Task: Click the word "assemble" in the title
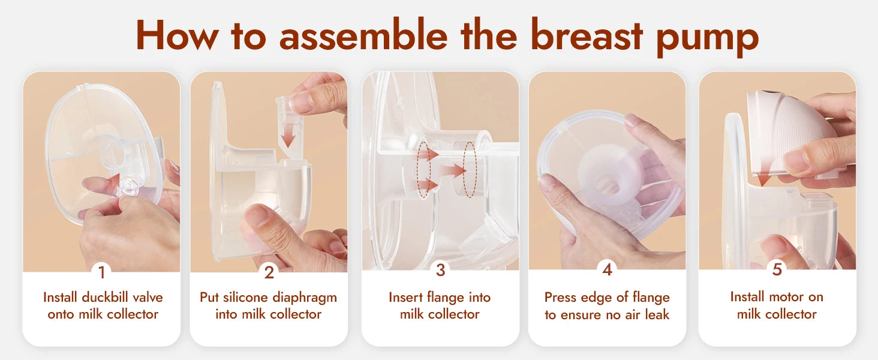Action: (363, 36)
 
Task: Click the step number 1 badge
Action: (101, 272)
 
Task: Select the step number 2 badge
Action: (269, 272)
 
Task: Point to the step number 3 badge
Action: (440, 270)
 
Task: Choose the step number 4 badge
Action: (607, 270)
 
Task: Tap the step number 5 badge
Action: (777, 270)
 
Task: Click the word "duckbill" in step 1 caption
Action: (109, 298)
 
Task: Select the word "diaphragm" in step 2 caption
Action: (305, 298)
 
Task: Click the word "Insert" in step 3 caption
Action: (405, 298)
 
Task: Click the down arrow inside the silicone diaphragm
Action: (288, 137)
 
